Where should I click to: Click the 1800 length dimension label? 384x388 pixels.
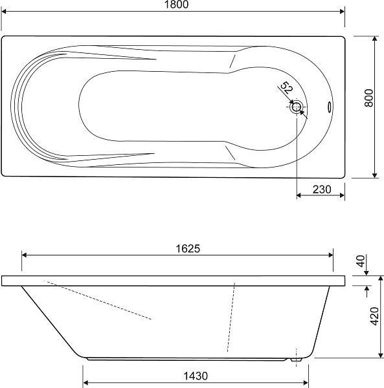[176, 5]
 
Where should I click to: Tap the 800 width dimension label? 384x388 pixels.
[369, 98]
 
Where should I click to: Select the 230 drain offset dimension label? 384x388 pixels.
[322, 189]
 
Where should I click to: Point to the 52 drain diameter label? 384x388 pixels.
[286, 88]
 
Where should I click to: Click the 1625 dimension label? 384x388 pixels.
[188, 249]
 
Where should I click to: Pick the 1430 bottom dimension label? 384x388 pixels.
[196, 376]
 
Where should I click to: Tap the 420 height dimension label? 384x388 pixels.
[374, 316]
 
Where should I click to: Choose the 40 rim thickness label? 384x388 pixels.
[361, 261]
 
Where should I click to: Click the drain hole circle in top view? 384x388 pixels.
[297, 107]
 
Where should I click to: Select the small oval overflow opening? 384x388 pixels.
[330, 107]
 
